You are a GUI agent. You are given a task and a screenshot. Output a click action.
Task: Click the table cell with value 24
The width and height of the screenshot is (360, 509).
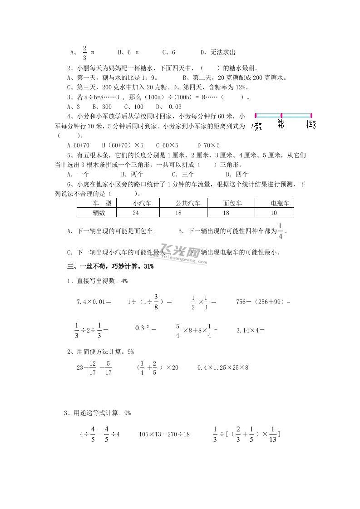(x=135, y=212)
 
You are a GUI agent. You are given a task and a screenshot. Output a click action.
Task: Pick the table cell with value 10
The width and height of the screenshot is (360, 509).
(x=273, y=212)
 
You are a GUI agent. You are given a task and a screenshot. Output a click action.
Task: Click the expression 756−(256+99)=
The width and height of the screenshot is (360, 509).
(x=263, y=301)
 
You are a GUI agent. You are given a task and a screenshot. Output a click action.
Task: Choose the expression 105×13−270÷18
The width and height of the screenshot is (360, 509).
(x=164, y=434)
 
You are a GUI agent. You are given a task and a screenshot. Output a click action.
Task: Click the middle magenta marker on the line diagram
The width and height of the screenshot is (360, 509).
(x=281, y=115)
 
